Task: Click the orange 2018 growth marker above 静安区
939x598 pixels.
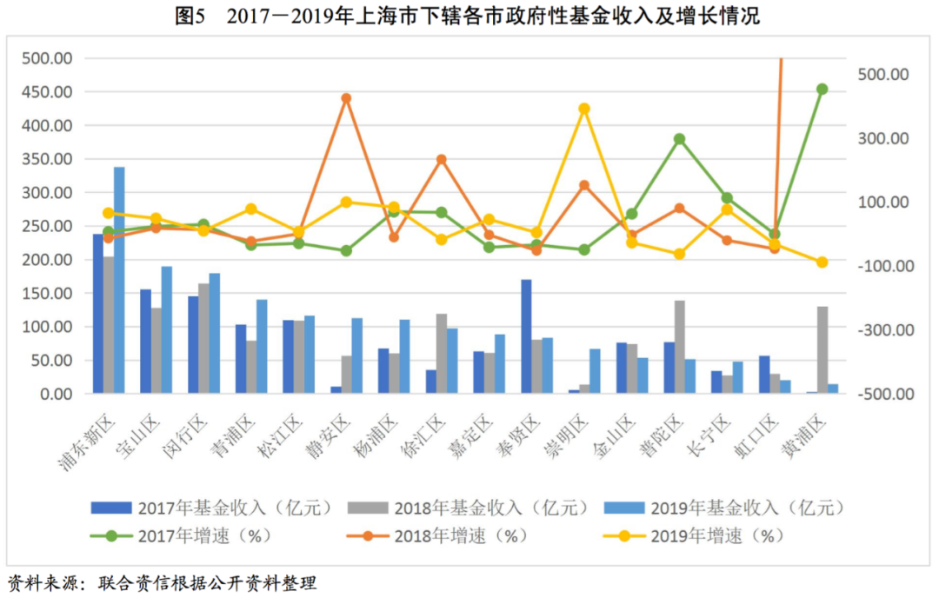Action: [x=346, y=98]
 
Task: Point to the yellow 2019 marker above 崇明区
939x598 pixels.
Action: [x=584, y=109]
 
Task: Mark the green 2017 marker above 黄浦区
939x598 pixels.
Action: [x=822, y=89]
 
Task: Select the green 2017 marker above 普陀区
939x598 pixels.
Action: [x=679, y=139]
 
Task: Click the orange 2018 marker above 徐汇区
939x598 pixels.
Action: [x=441, y=160]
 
